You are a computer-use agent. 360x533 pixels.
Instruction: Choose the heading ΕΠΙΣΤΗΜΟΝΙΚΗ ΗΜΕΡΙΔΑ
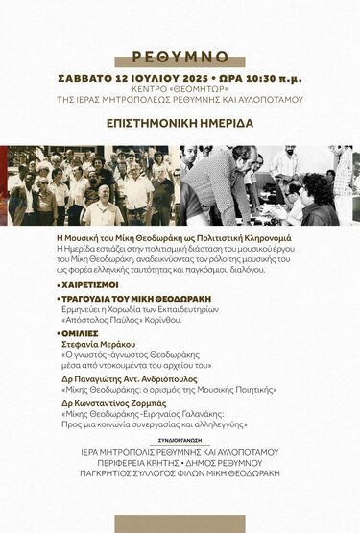tap(180, 124)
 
